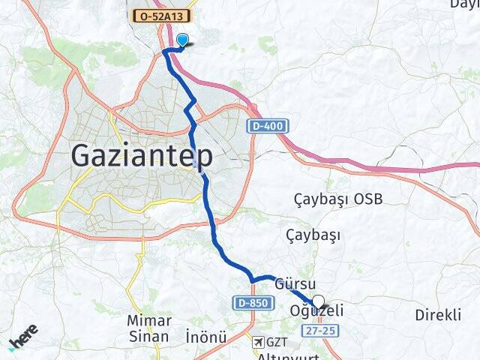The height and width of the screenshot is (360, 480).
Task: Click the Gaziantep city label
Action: click(142, 156)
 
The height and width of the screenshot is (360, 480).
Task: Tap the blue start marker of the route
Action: click(181, 41)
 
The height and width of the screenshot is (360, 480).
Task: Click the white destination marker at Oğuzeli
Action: click(318, 303)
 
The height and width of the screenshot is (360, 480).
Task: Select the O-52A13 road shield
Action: click(161, 15)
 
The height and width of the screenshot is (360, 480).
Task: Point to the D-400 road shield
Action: click(268, 126)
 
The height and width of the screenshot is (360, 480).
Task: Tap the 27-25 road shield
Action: click(318, 330)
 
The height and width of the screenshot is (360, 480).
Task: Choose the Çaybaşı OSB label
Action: click(337, 199)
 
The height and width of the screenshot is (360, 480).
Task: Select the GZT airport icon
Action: click(259, 342)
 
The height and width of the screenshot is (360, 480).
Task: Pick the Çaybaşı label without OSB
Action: click(313, 235)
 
